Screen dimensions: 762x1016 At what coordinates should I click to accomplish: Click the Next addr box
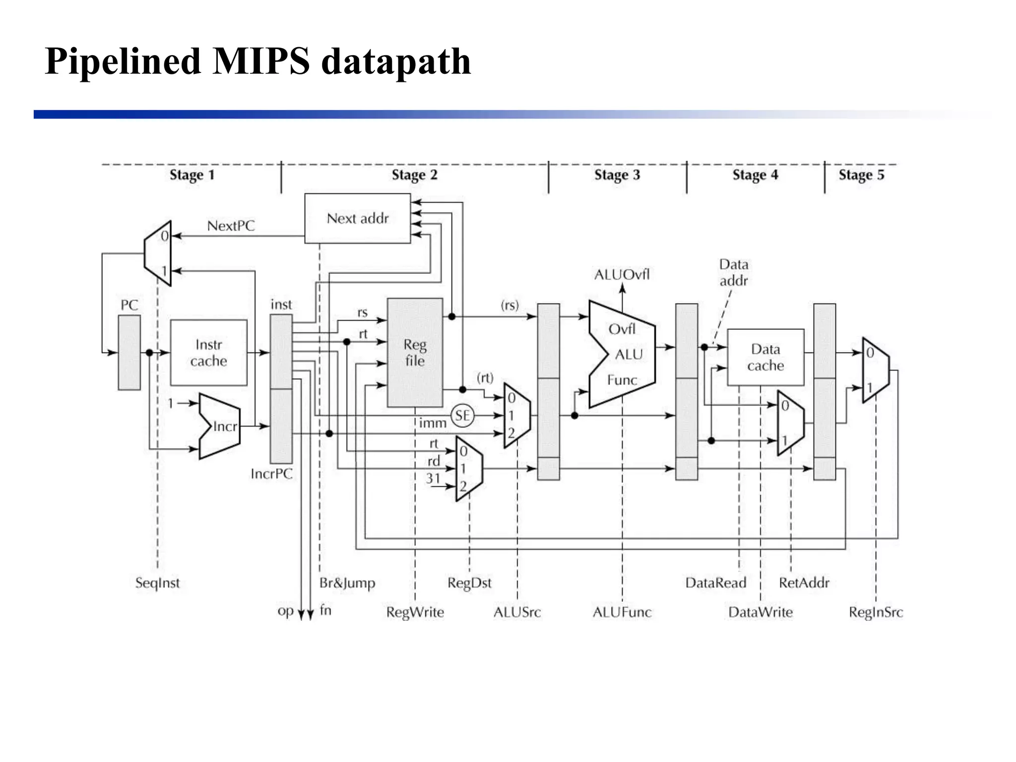tap(357, 218)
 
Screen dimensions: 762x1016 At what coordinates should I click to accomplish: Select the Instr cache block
tap(208, 353)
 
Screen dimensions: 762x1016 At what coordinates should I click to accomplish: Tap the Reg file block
tap(415, 353)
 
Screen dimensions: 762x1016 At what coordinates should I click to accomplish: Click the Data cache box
tap(765, 357)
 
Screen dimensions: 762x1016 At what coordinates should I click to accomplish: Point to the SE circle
tap(462, 415)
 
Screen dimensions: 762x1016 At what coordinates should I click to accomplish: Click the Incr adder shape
tap(221, 427)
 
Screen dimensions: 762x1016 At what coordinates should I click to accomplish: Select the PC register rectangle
tap(129, 353)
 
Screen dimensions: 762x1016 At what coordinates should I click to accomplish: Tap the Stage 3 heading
tap(617, 175)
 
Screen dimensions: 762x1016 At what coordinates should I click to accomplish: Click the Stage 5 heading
tap(861, 175)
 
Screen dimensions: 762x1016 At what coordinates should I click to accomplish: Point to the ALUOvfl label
tap(622, 274)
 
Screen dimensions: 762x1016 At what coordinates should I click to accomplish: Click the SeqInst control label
tap(157, 582)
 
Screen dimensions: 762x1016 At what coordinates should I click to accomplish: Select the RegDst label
tap(469, 582)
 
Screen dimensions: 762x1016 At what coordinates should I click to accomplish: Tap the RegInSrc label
tap(876, 612)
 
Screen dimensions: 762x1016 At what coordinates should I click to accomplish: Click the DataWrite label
tap(760, 612)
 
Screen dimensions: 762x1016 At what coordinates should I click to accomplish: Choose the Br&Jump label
tap(347, 582)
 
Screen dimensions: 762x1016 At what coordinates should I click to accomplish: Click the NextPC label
tap(231, 226)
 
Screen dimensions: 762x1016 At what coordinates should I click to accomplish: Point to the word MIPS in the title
tap(261, 61)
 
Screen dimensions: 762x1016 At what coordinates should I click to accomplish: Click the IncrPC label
tap(271, 474)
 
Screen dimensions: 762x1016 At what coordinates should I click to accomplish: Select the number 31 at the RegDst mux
tap(433, 478)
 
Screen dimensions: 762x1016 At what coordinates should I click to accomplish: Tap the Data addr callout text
tap(734, 272)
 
